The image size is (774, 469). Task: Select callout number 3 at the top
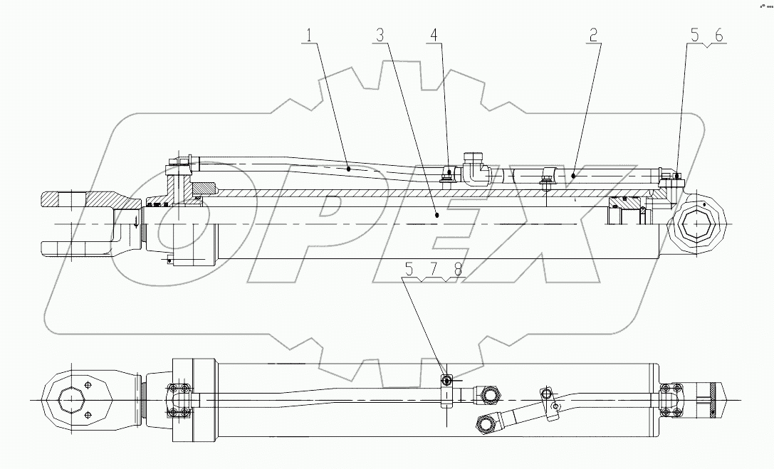(x=381, y=34)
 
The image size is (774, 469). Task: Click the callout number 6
(x=718, y=34)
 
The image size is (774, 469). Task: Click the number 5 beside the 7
(x=409, y=269)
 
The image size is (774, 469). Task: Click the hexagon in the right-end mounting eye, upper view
(x=699, y=226)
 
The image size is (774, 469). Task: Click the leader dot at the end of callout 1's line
(x=348, y=169)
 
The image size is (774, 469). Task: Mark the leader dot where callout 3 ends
(x=437, y=213)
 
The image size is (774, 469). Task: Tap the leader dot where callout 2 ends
(x=573, y=173)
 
